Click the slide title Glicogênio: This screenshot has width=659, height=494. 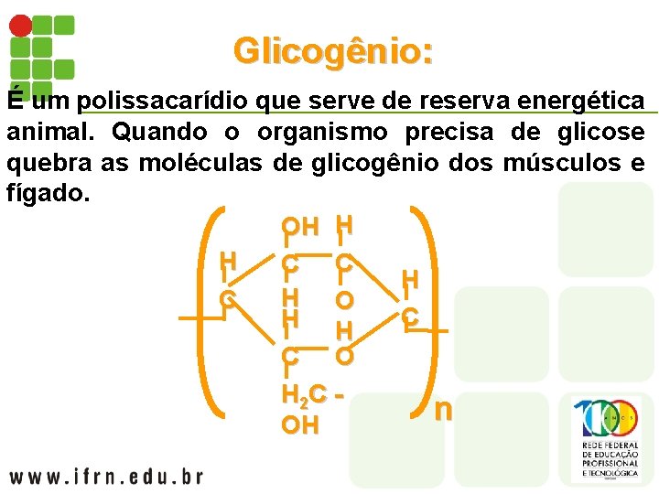click(x=332, y=50)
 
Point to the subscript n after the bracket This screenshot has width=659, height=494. click(x=443, y=408)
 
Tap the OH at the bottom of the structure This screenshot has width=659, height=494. click(x=300, y=425)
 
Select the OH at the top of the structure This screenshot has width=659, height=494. click(x=300, y=226)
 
